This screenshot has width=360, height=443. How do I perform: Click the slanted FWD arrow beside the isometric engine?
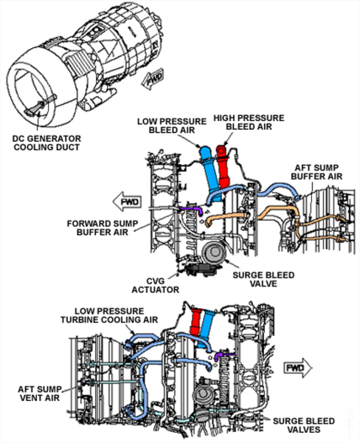tap(155, 78)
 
